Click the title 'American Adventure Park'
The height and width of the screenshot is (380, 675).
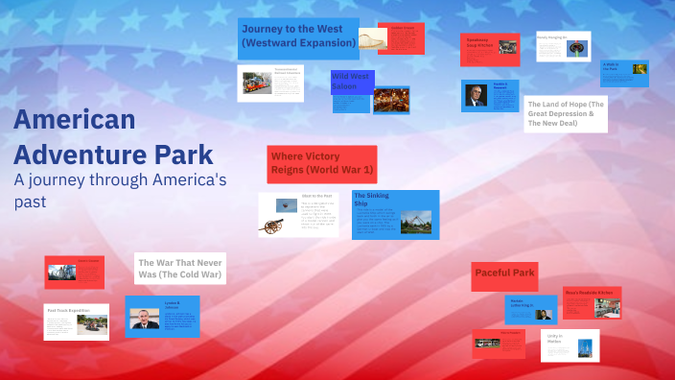(x=113, y=136)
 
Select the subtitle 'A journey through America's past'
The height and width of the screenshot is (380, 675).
(x=119, y=189)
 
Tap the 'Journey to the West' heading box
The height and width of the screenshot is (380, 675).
(x=297, y=37)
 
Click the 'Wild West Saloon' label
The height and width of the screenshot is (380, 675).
(x=351, y=81)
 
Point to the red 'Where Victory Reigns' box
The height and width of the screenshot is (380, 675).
(x=321, y=163)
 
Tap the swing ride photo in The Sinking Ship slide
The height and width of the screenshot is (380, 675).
(x=415, y=222)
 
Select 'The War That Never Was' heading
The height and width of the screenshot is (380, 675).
(x=179, y=268)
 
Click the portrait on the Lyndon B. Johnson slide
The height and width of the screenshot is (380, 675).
(x=145, y=319)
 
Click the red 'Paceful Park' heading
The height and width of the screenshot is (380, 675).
(x=504, y=273)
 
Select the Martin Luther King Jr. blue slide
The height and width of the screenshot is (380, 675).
(x=530, y=309)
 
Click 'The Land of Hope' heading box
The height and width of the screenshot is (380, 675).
(x=565, y=113)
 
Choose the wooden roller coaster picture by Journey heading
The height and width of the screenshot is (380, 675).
(x=365, y=40)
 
